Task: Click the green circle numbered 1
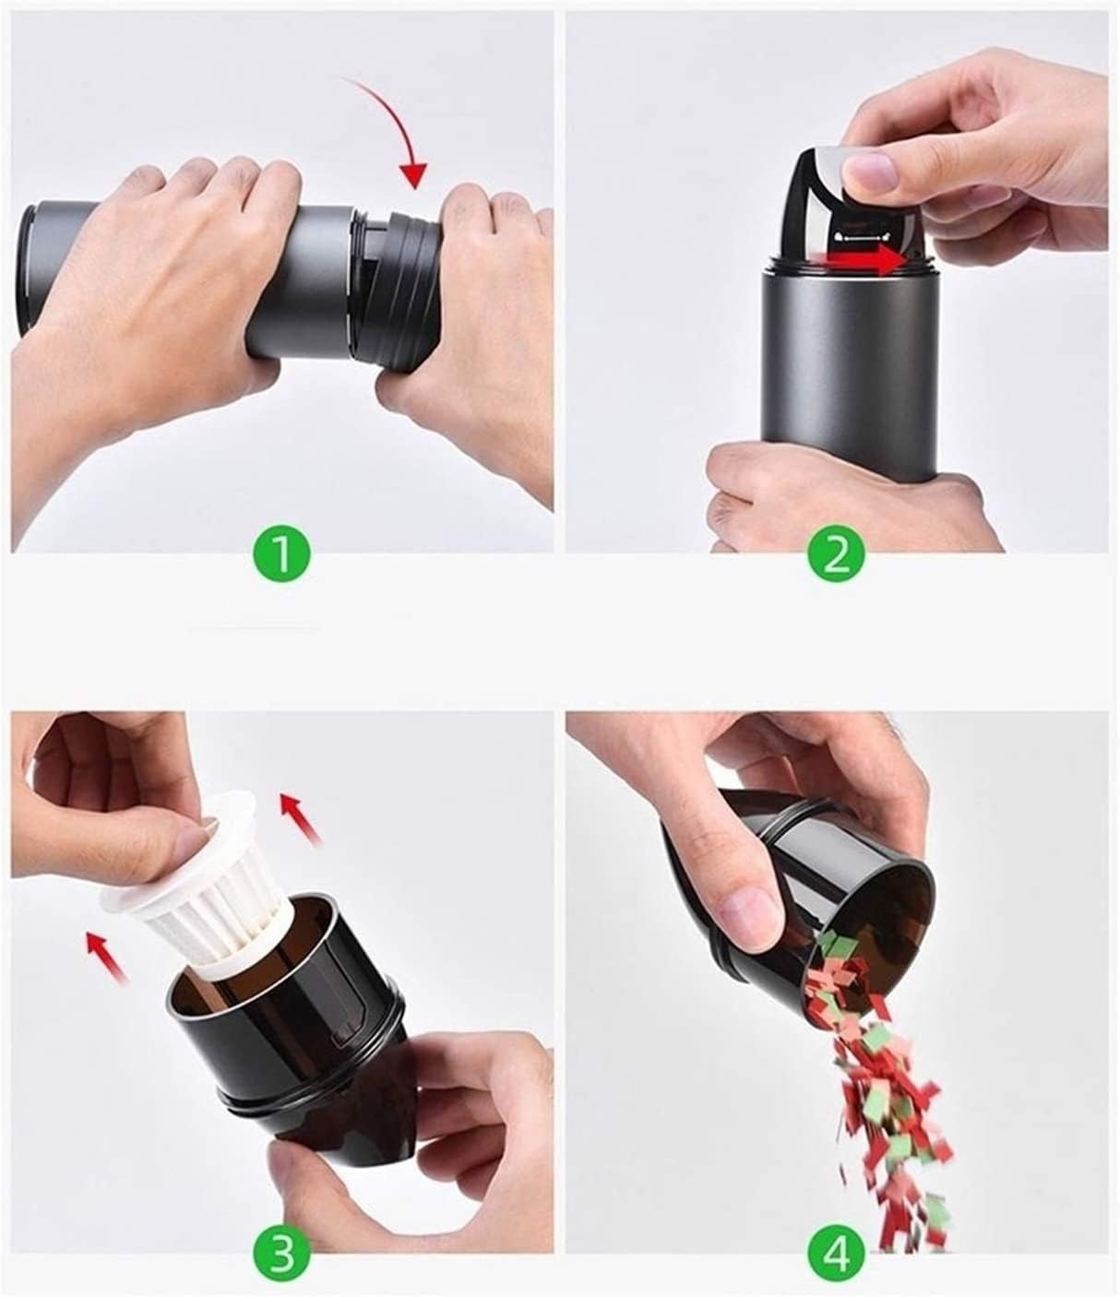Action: click(x=281, y=554)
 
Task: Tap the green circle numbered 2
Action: click(x=837, y=554)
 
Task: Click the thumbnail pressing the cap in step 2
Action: click(x=869, y=168)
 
